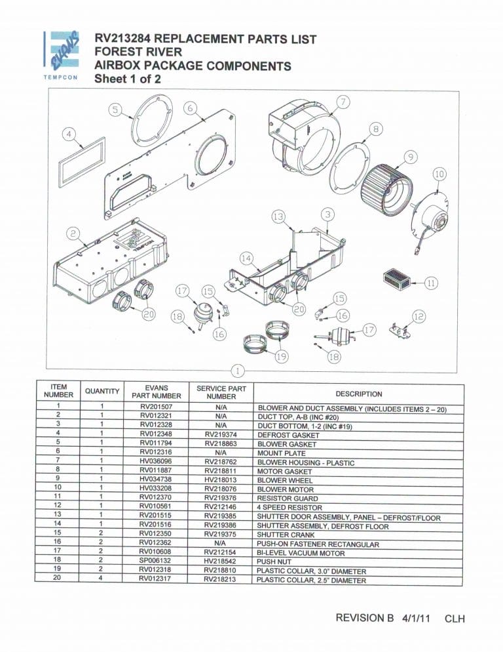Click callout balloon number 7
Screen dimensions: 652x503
point(344,102)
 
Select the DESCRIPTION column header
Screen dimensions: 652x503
point(358,394)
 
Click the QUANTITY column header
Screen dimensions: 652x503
point(102,392)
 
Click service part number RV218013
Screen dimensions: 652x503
point(221,480)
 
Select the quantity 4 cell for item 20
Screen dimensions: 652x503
point(102,580)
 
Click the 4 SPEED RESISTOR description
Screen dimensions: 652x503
point(289,508)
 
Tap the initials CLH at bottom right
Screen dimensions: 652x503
point(454,619)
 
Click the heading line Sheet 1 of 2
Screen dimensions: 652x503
point(127,79)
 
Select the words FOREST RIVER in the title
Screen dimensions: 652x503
point(138,52)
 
